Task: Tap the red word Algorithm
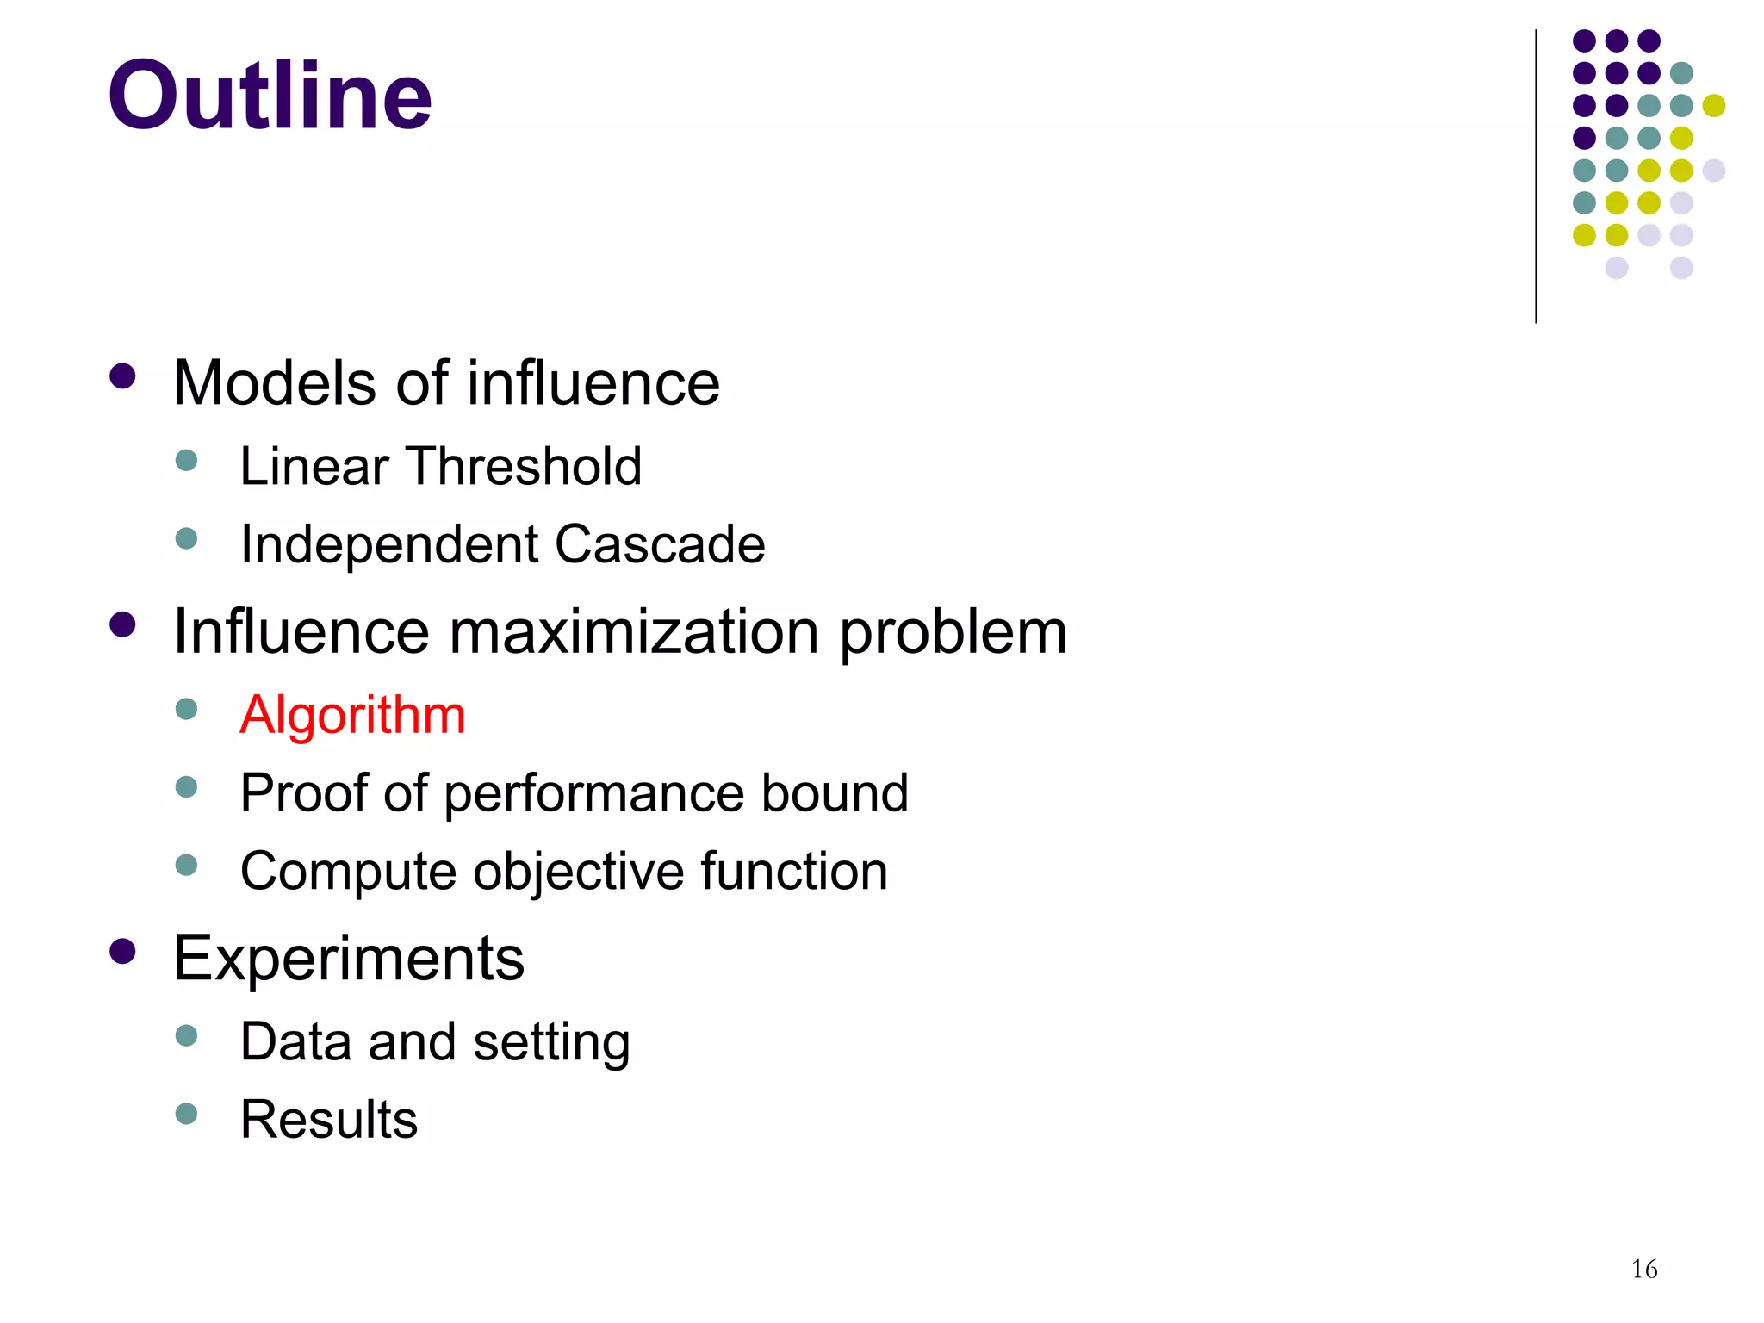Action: (x=352, y=715)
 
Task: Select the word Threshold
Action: (x=525, y=466)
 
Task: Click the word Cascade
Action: (x=660, y=544)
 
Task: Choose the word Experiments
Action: (x=349, y=958)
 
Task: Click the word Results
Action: (x=329, y=1119)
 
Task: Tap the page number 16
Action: (x=1643, y=1269)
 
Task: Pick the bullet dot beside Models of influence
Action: (x=123, y=376)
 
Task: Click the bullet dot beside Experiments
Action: (x=123, y=952)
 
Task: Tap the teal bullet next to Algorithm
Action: (x=186, y=709)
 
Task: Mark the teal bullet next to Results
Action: (x=186, y=1114)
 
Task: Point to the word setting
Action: (x=551, y=1042)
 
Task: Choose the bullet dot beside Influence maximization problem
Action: (x=123, y=624)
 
